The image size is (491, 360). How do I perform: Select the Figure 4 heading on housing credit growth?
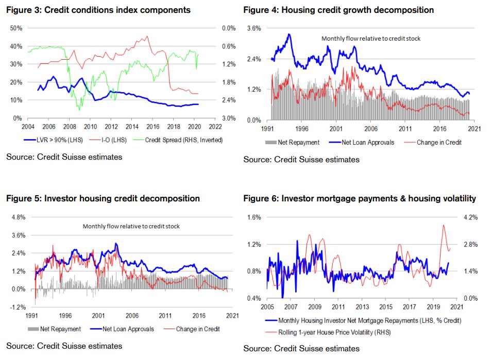(338, 10)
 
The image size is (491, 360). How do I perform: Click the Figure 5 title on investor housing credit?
(103, 198)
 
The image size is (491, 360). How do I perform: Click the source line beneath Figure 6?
(301, 348)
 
